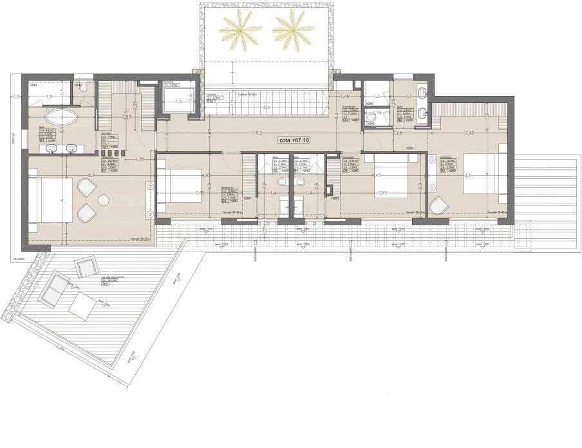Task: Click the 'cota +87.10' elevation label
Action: coord(294,140)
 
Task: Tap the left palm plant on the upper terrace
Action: coord(239,28)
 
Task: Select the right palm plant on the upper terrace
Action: coord(293,28)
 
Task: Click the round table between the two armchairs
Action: coord(103,200)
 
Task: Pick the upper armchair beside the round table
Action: coord(87,188)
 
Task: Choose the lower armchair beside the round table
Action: coord(86,213)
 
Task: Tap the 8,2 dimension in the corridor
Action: coord(258,133)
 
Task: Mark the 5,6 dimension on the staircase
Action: coord(266,108)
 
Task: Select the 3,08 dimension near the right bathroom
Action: coord(397,133)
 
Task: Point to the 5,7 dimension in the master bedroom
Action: coord(91,174)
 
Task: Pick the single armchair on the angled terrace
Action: coord(86,266)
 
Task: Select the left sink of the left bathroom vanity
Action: coord(52,149)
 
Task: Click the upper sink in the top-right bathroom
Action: coord(422,93)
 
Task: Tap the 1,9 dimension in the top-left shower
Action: coord(47,97)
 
